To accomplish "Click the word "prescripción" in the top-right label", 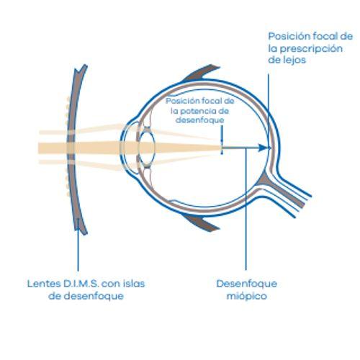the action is click(x=311, y=49).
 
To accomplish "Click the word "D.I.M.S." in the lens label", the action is click(x=81, y=284).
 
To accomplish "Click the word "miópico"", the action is click(x=247, y=296).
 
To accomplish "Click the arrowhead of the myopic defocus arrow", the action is click(x=263, y=148).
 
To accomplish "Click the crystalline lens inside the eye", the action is click(x=147, y=146).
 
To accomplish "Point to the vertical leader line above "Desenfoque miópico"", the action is click(x=246, y=209).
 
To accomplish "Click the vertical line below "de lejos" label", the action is click(x=269, y=110).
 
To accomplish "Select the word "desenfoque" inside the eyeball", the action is click(x=199, y=120).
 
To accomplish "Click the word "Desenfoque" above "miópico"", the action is click(x=247, y=284).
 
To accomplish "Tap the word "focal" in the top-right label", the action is click(x=325, y=36).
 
